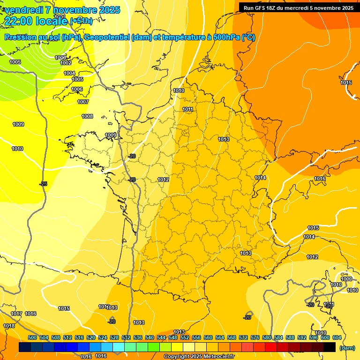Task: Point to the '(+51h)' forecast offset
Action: tap(81, 21)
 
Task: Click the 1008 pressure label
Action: tap(87, 116)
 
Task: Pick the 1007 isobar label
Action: tap(83, 102)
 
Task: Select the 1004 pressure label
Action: tap(69, 73)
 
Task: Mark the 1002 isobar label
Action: tap(66, 63)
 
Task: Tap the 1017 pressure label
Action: tap(16, 314)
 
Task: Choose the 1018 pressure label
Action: tap(9, 326)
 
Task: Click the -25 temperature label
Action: tap(43, 184)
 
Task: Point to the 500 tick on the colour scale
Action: tap(32, 337)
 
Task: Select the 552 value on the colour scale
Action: tap(185, 337)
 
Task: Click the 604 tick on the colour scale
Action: tap(337, 337)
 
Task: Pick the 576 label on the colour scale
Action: tap(255, 337)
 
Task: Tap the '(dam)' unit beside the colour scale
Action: tap(347, 348)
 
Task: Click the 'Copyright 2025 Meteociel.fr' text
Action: tap(199, 356)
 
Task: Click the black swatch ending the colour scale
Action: tap(330, 347)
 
